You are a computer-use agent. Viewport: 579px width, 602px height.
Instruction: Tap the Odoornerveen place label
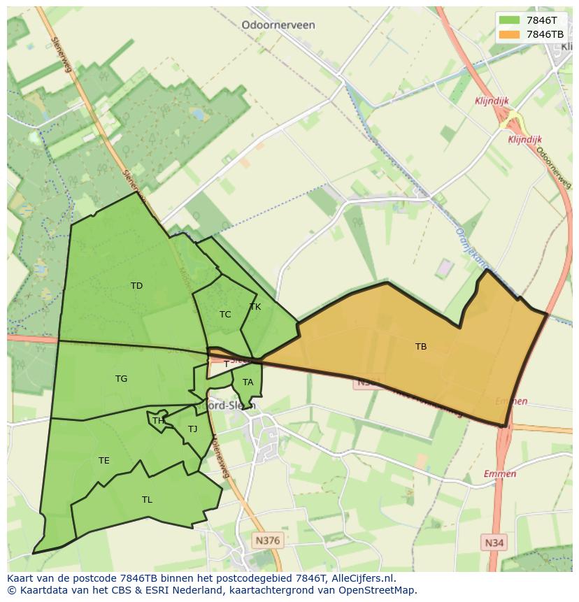tap(278, 24)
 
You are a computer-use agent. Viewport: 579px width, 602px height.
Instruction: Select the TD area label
tap(136, 285)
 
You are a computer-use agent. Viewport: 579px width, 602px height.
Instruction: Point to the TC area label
tap(224, 314)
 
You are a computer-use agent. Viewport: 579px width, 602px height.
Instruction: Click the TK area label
tap(255, 307)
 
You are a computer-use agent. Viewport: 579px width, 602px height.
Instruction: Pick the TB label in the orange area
tap(420, 346)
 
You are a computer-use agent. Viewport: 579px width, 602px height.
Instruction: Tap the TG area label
tap(121, 378)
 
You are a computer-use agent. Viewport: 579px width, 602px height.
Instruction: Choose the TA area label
tap(248, 382)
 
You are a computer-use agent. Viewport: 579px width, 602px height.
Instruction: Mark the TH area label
tap(158, 420)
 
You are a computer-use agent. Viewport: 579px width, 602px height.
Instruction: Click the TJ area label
tap(192, 429)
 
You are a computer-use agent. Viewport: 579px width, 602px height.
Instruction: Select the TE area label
tap(103, 460)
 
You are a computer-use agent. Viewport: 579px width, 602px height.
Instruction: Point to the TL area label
tap(147, 499)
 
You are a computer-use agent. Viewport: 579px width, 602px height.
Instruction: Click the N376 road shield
tap(267, 540)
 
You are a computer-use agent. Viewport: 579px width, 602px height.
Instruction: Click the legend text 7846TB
tap(545, 34)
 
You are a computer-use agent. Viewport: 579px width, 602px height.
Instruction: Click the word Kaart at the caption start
tap(20, 578)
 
